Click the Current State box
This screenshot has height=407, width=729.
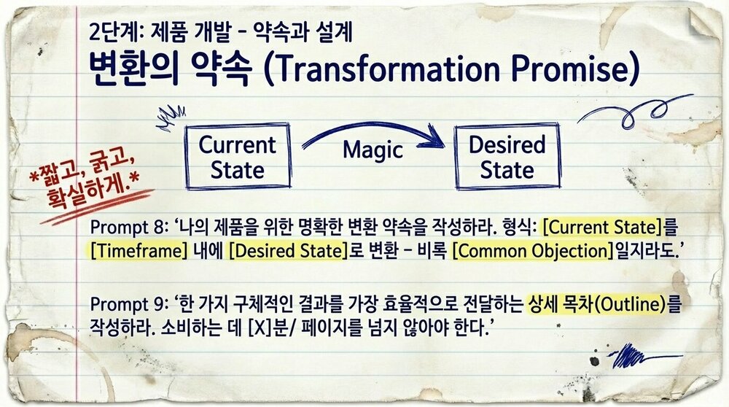(x=238, y=157)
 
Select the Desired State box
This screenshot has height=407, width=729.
(x=507, y=157)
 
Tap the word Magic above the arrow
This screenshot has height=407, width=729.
(x=373, y=150)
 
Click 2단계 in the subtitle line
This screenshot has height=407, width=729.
(x=109, y=33)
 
